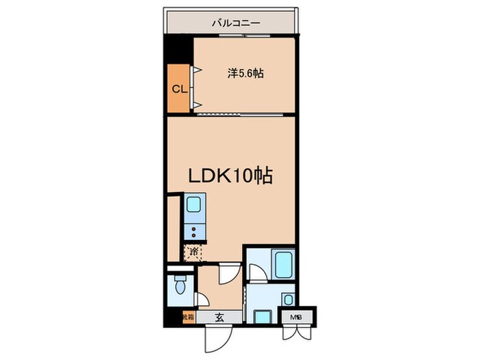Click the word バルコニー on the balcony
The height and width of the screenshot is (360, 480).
click(235, 23)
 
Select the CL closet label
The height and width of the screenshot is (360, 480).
click(179, 88)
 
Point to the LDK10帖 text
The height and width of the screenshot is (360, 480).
click(230, 176)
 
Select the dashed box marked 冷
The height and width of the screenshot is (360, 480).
click(193, 252)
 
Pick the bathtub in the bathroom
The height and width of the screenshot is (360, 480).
click(283, 265)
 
